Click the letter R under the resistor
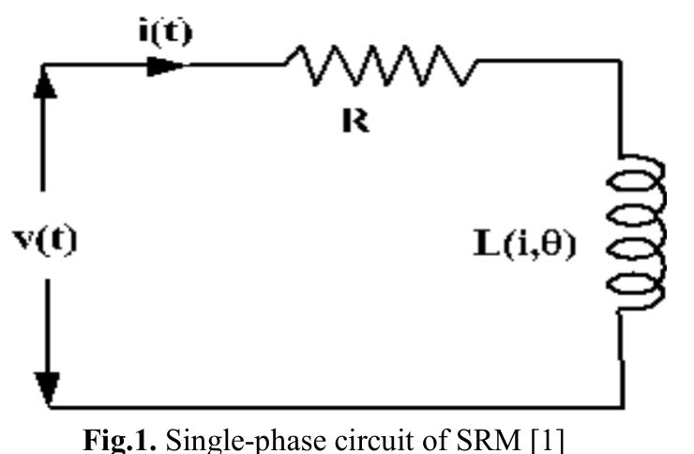coord(356,122)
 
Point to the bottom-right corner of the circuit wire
coord(619,407)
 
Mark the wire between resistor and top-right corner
coord(549,62)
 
